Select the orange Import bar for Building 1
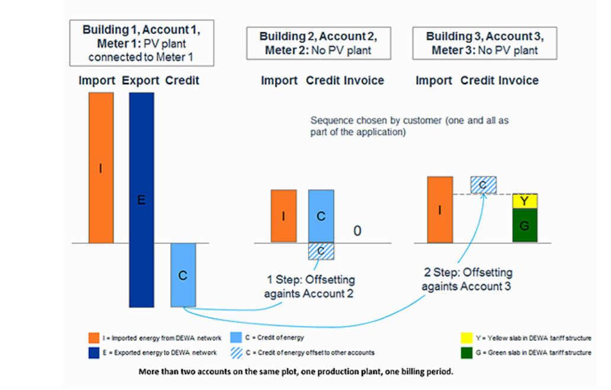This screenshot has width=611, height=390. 101,168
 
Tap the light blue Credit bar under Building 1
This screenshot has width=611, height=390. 183,275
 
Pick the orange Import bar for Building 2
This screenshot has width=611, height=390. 284,216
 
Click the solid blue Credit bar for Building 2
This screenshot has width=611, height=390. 321,216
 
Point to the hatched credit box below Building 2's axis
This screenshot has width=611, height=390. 321,251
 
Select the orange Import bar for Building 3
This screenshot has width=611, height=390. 439,209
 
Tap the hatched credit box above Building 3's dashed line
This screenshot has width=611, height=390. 483,185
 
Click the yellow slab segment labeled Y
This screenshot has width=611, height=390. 525,202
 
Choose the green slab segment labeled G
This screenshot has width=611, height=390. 525,226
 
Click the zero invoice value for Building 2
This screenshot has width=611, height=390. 357,231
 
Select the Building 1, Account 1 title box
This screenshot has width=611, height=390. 142,43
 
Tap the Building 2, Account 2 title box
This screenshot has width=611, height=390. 319,43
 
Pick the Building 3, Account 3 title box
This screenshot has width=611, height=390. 484,43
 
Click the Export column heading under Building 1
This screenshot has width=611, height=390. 141,81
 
